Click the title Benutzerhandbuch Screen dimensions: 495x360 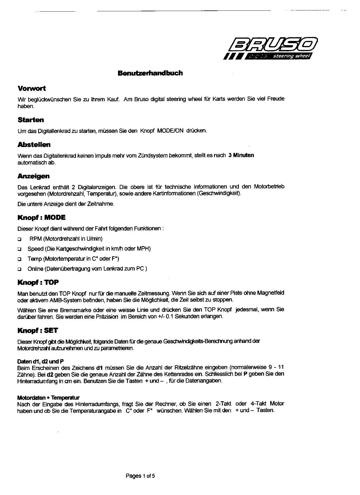pyautogui.click(x=150, y=73)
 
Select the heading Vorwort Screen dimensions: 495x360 pyautogui.click(x=31, y=89)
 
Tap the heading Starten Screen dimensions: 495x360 pyautogui.click(x=30, y=120)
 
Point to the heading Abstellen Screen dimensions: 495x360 pyautogui.click(x=34, y=145)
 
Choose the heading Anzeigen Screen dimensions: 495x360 pyautogui.click(x=33, y=176)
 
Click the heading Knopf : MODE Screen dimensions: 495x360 pyautogui.click(x=41, y=218)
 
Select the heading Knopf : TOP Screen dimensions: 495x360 pyautogui.click(x=38, y=282)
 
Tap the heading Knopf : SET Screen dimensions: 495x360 pyautogui.click(x=38, y=330)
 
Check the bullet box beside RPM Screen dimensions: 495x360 pyautogui.click(x=19, y=239)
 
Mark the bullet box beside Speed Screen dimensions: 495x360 pyautogui.click(x=19, y=249)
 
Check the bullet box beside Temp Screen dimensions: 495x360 pyautogui.click(x=19, y=259)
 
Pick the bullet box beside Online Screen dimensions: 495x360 pyautogui.click(x=19, y=269)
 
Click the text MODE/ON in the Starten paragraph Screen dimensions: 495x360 pyautogui.click(x=170, y=131)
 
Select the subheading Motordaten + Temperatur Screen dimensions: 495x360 pyautogui.click(x=48, y=398)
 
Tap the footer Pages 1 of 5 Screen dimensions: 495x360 pyautogui.click(x=140, y=476)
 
